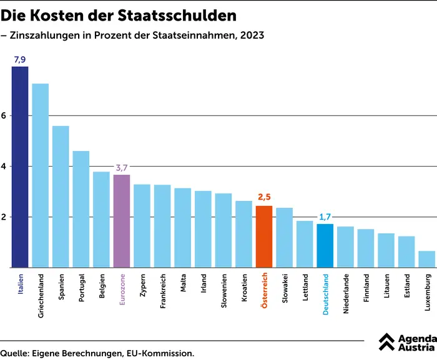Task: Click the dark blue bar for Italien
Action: (x=20, y=167)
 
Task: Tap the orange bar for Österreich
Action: (x=264, y=236)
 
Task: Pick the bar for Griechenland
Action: (x=41, y=175)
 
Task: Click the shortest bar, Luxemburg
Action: (x=427, y=259)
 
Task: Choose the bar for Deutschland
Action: (x=325, y=245)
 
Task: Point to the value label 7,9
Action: (x=20, y=59)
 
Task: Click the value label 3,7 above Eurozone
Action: (x=122, y=168)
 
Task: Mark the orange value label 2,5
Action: (x=265, y=198)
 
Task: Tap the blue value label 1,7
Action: (x=325, y=216)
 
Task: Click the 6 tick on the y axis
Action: (x=4, y=116)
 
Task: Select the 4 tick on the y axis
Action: (x=4, y=167)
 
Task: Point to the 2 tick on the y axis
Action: (x=4, y=217)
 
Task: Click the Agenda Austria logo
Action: (x=406, y=341)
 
